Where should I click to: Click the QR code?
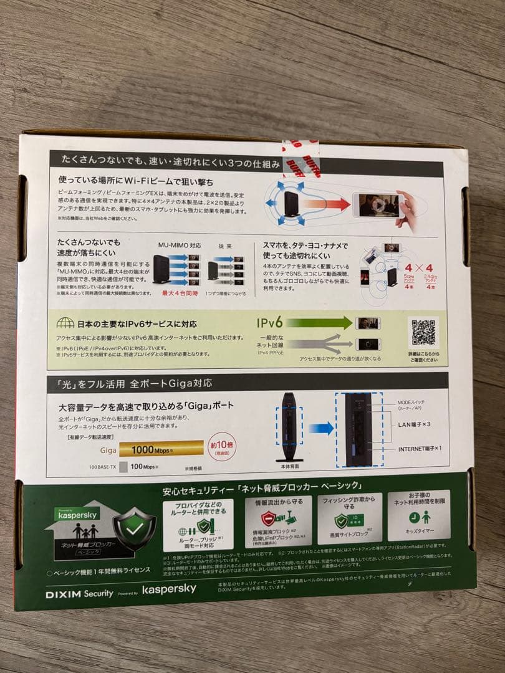pyautogui.click(x=423, y=332)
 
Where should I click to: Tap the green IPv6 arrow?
pyautogui.click(x=319, y=323)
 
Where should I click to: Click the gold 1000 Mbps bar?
pyautogui.click(x=161, y=448)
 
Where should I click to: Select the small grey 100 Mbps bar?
pyautogui.click(x=123, y=466)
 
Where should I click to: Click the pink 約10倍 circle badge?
pyautogui.click(x=223, y=446)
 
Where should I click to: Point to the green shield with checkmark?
pyautogui.click(x=135, y=527)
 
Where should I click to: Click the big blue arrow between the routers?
pyautogui.click(x=322, y=428)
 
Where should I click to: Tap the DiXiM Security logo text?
pyautogui.click(x=79, y=594)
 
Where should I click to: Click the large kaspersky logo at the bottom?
pyautogui.click(x=169, y=589)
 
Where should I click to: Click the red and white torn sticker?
pyautogui.click(x=301, y=153)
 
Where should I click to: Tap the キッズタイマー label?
pyautogui.click(x=419, y=535)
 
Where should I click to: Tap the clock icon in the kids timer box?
pyautogui.click(x=413, y=517)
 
